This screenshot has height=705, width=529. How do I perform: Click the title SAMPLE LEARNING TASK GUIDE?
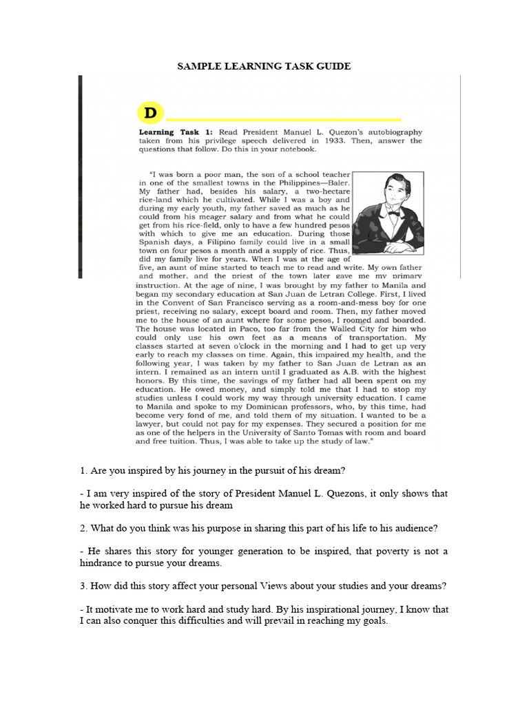point(264,66)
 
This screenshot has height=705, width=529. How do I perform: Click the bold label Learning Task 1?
point(176,132)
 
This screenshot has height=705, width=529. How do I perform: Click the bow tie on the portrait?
point(394,213)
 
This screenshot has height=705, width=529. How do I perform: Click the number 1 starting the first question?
point(83,471)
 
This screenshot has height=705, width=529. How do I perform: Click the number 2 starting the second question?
point(83,528)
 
